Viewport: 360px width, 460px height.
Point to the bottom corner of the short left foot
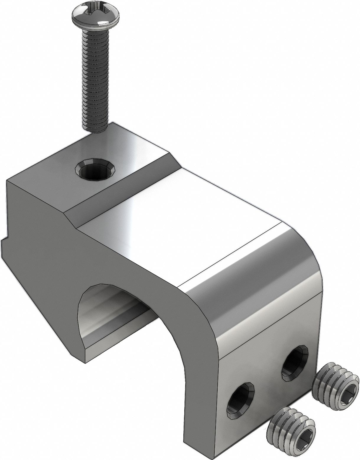86,362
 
